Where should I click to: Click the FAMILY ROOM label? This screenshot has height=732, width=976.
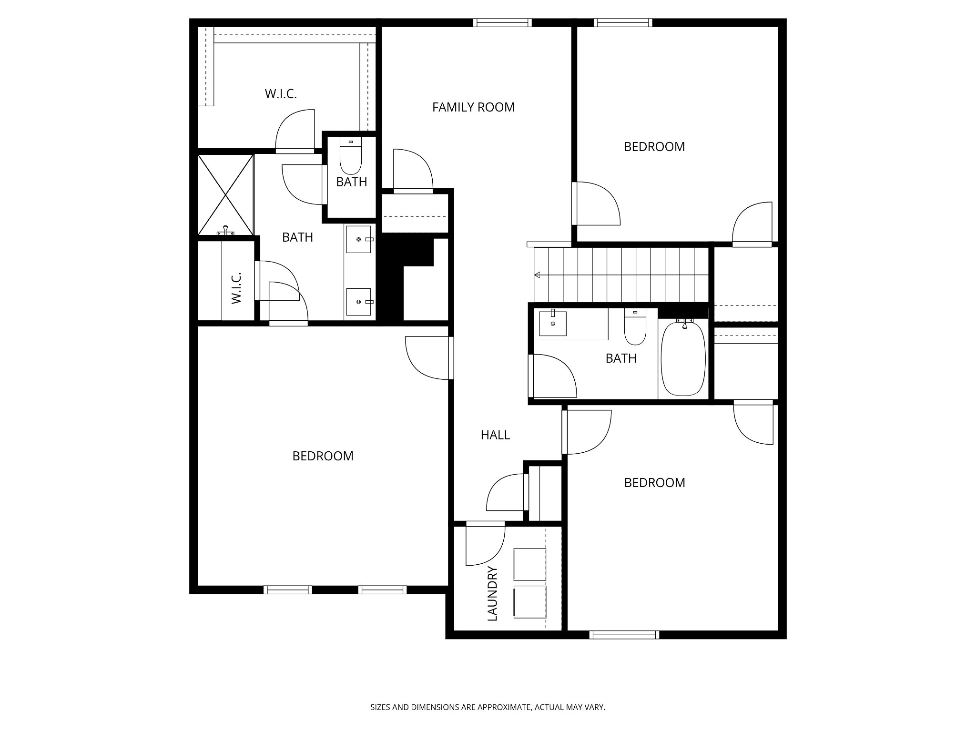[473, 107]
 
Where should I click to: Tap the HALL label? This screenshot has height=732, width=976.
[495, 435]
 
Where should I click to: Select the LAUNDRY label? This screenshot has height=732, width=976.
[492, 594]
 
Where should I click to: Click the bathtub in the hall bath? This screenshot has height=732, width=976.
[684, 359]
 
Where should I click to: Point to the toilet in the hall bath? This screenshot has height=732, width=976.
[635, 327]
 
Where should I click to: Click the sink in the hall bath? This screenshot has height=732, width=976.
[553, 324]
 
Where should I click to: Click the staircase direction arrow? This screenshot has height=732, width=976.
[538, 275]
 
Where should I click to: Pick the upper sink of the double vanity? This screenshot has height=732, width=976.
[358, 239]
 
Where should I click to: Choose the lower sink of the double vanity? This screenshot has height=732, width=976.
[358, 301]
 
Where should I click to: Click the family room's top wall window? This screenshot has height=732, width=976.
[502, 22]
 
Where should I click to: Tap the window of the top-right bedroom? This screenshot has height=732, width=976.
[623, 22]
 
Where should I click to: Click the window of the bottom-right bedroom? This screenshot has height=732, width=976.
[624, 635]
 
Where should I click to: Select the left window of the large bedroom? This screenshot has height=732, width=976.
[288, 590]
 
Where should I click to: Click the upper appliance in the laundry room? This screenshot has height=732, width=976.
[529, 564]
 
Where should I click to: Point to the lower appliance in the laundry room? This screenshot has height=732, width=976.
[529, 602]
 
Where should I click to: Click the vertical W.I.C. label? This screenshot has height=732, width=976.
[236, 288]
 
